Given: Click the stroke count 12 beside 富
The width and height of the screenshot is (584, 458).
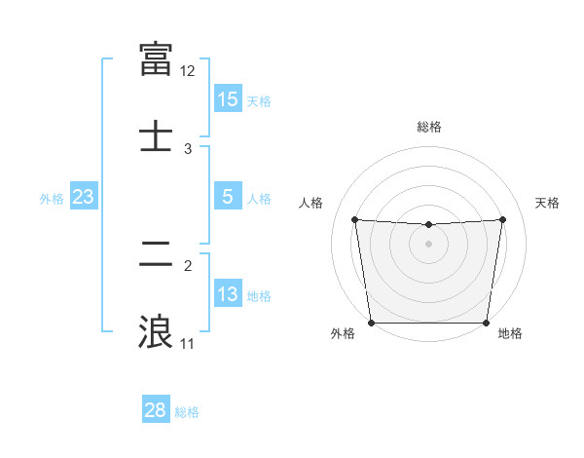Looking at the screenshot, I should coord(188,71).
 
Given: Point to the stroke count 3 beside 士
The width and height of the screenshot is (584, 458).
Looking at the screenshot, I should coord(188,148).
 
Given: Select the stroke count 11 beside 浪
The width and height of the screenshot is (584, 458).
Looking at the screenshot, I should coord(188,344).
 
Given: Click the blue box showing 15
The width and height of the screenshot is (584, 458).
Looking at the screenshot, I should coord(228,99).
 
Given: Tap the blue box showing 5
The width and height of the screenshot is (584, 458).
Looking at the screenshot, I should coord(228,197).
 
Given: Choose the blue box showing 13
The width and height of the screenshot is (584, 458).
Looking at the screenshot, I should coord(228,294).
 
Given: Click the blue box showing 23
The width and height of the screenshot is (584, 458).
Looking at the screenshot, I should coord(84,197).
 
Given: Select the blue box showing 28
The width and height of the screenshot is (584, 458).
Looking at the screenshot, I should coord(156,410).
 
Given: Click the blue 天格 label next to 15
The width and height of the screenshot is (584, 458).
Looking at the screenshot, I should coord(259,101).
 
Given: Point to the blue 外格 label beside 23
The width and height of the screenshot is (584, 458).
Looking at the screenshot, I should coord(52,199).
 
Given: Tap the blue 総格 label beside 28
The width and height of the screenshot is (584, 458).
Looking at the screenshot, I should coord(187,412).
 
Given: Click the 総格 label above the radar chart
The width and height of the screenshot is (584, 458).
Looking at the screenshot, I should coord(428,127).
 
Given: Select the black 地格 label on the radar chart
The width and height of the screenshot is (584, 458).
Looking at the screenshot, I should coord(510,334).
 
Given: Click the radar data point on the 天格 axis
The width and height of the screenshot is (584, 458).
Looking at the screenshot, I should coord(502,219).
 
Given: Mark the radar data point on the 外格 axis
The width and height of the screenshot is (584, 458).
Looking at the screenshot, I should coord(372,323).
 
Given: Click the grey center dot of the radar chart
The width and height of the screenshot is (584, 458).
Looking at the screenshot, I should coord(428,244).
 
